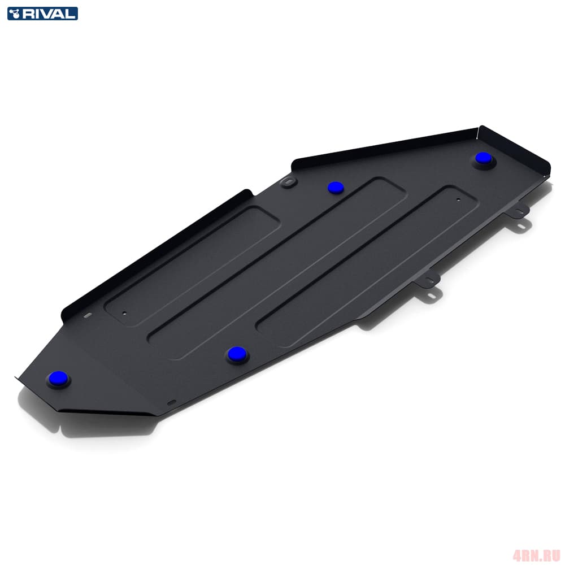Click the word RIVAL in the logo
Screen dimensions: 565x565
(x=49, y=14)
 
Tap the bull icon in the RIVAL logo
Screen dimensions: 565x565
(x=15, y=14)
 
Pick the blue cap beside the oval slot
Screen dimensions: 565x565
(x=336, y=188)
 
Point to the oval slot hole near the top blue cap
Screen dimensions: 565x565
(x=288, y=182)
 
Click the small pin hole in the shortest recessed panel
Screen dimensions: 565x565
(x=125, y=313)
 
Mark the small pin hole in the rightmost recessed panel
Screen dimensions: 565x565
(x=458, y=199)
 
